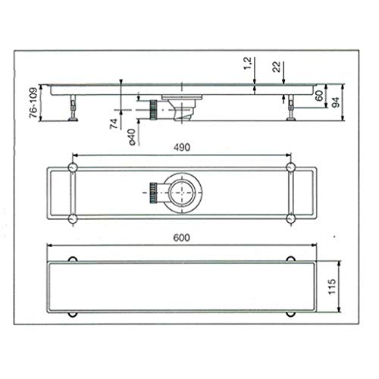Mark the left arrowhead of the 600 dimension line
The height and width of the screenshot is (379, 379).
tap(49, 246)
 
